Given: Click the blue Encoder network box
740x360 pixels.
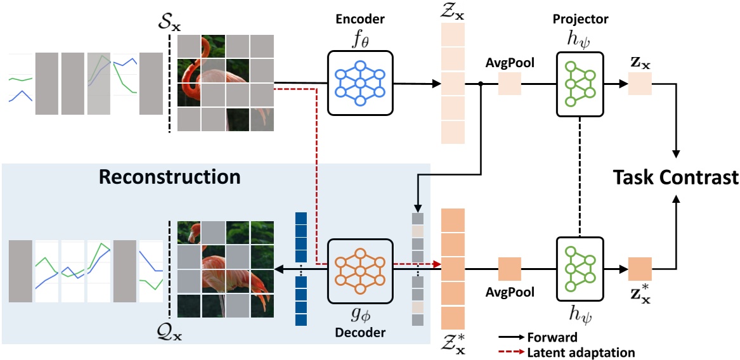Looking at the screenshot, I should [360, 83].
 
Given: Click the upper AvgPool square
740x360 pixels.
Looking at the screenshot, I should [509, 84].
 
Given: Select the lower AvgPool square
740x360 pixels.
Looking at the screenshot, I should [509, 269].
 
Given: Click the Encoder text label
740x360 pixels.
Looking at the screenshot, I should [359, 19].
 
